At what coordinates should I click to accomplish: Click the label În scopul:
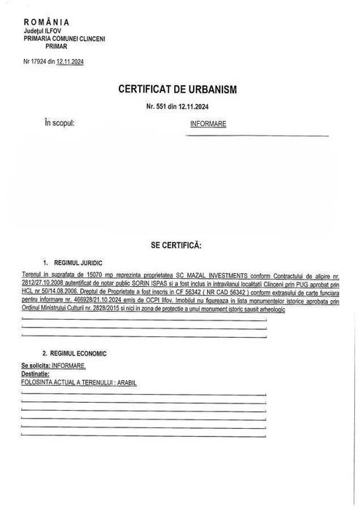60,123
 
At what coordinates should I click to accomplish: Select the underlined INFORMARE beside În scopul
208,124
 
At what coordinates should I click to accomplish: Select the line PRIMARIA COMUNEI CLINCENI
64,38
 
